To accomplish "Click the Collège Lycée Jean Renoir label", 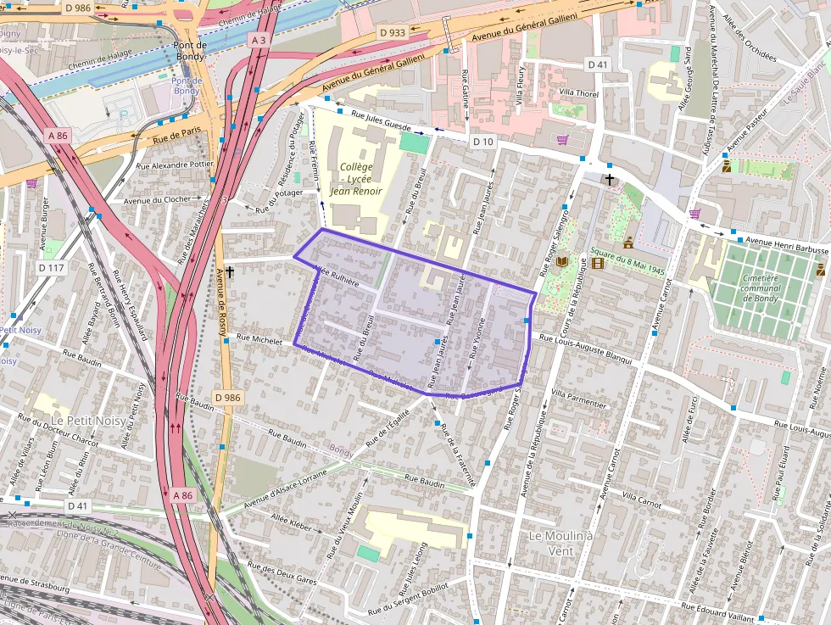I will pos(356,179).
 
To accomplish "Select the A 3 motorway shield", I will pos(259,40).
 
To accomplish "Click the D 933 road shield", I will pos(392,32).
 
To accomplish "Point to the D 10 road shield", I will pos(482,141).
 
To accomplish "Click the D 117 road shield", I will pos(51,268).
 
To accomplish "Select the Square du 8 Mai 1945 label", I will pos(627,253).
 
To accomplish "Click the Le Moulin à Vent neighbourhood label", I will pos(561,544).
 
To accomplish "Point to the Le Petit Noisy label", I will pos(87,421).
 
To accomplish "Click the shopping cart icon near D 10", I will pos(562,140).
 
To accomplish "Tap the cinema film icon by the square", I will pos(600,263).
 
